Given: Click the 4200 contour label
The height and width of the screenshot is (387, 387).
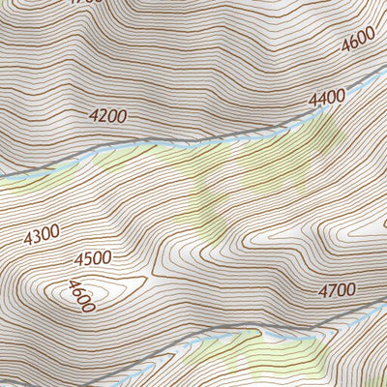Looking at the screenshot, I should click(x=107, y=116).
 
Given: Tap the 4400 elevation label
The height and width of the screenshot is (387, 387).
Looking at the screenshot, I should click(x=326, y=98).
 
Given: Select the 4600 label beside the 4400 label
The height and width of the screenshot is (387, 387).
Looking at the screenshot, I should click(x=357, y=42).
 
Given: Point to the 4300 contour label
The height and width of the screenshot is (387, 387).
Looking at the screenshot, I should click(x=42, y=234).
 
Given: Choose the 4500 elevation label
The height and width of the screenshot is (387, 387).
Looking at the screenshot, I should click(x=93, y=258).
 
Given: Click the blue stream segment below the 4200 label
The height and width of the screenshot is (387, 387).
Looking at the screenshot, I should click(x=106, y=151).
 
